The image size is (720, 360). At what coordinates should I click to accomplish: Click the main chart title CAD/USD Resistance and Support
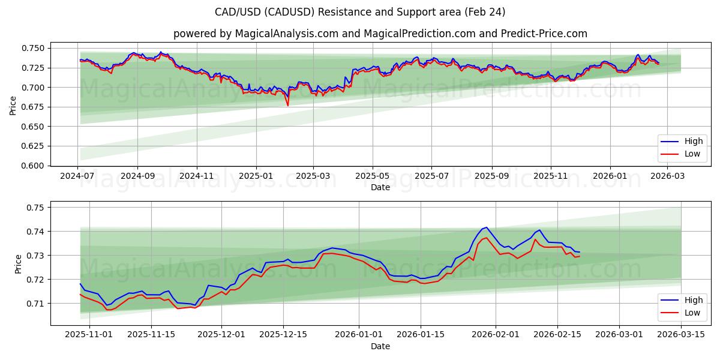click(360, 12)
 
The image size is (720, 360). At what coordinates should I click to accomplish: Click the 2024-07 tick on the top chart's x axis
click(78, 176)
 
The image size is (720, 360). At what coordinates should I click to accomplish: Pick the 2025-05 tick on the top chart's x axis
click(373, 176)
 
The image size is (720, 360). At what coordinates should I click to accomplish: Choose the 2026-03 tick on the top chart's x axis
click(668, 176)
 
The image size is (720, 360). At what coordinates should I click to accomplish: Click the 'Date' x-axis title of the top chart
click(380, 187)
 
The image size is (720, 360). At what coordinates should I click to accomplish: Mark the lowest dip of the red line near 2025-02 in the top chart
click(287, 106)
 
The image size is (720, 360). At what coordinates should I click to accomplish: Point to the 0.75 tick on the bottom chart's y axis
click(37, 208)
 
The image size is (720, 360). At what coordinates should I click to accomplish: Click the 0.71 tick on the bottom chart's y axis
click(37, 304)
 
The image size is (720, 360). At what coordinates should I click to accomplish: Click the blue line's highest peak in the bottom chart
click(487, 227)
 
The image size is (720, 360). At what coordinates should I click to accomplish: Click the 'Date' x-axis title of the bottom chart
click(380, 346)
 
